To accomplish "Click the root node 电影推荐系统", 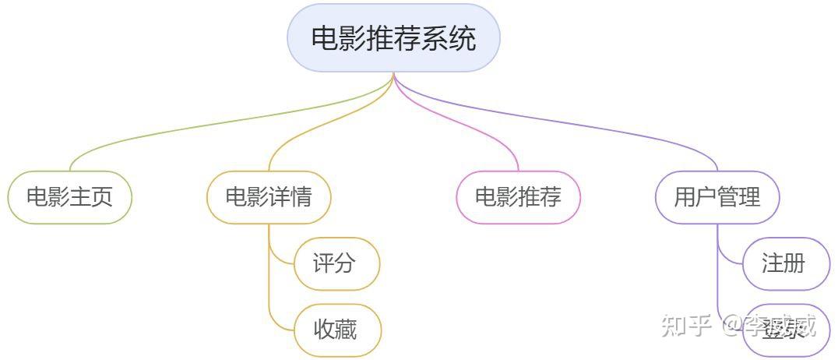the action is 393,38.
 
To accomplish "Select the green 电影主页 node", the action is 70,196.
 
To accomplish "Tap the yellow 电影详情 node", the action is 269,196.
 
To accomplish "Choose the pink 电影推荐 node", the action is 518,196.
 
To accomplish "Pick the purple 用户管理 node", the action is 717,196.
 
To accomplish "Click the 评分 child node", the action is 336,263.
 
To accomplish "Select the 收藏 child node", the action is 336,330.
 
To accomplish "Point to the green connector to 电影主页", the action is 195,125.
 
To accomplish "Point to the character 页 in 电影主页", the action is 102,196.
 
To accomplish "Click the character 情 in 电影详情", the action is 301,196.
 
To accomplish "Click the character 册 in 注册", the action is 795,263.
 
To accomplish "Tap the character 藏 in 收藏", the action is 347,330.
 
